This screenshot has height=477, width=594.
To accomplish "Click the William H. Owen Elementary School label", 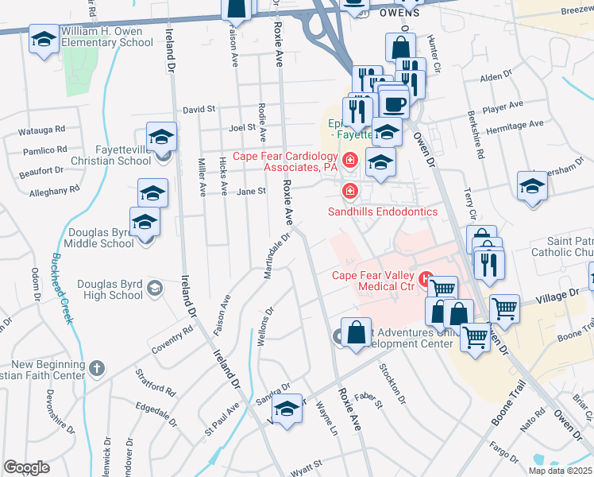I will (103, 37).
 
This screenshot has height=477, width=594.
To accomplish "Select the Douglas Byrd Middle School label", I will (100, 238).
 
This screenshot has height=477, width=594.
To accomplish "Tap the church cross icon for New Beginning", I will (96, 368).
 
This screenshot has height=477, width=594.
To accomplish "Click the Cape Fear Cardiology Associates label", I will (287, 161).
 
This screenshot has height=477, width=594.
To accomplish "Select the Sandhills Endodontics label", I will (383, 211).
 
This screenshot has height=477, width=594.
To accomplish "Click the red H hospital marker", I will (427, 279).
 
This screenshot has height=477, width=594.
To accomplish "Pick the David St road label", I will (199, 110).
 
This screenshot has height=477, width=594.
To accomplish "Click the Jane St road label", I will (251, 191).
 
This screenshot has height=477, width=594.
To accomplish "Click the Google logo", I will (26, 467).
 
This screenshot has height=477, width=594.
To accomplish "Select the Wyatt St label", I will (305, 464).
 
